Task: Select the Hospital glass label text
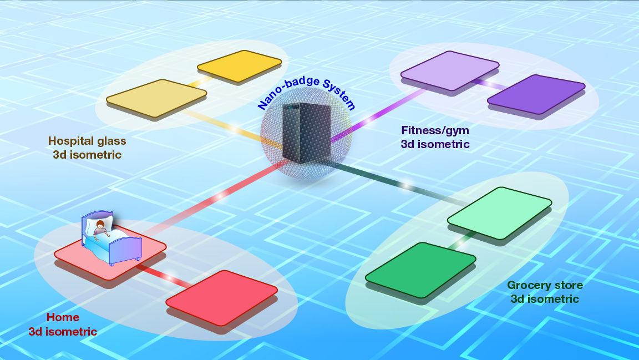[87, 148]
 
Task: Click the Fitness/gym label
[435, 138]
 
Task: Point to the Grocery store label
[545, 292]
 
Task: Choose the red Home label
[63, 324]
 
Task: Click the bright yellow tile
[239, 66]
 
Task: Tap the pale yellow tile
[156, 98]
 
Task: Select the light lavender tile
[450, 70]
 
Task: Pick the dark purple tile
[536, 94]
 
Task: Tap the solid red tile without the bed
[221, 297]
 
